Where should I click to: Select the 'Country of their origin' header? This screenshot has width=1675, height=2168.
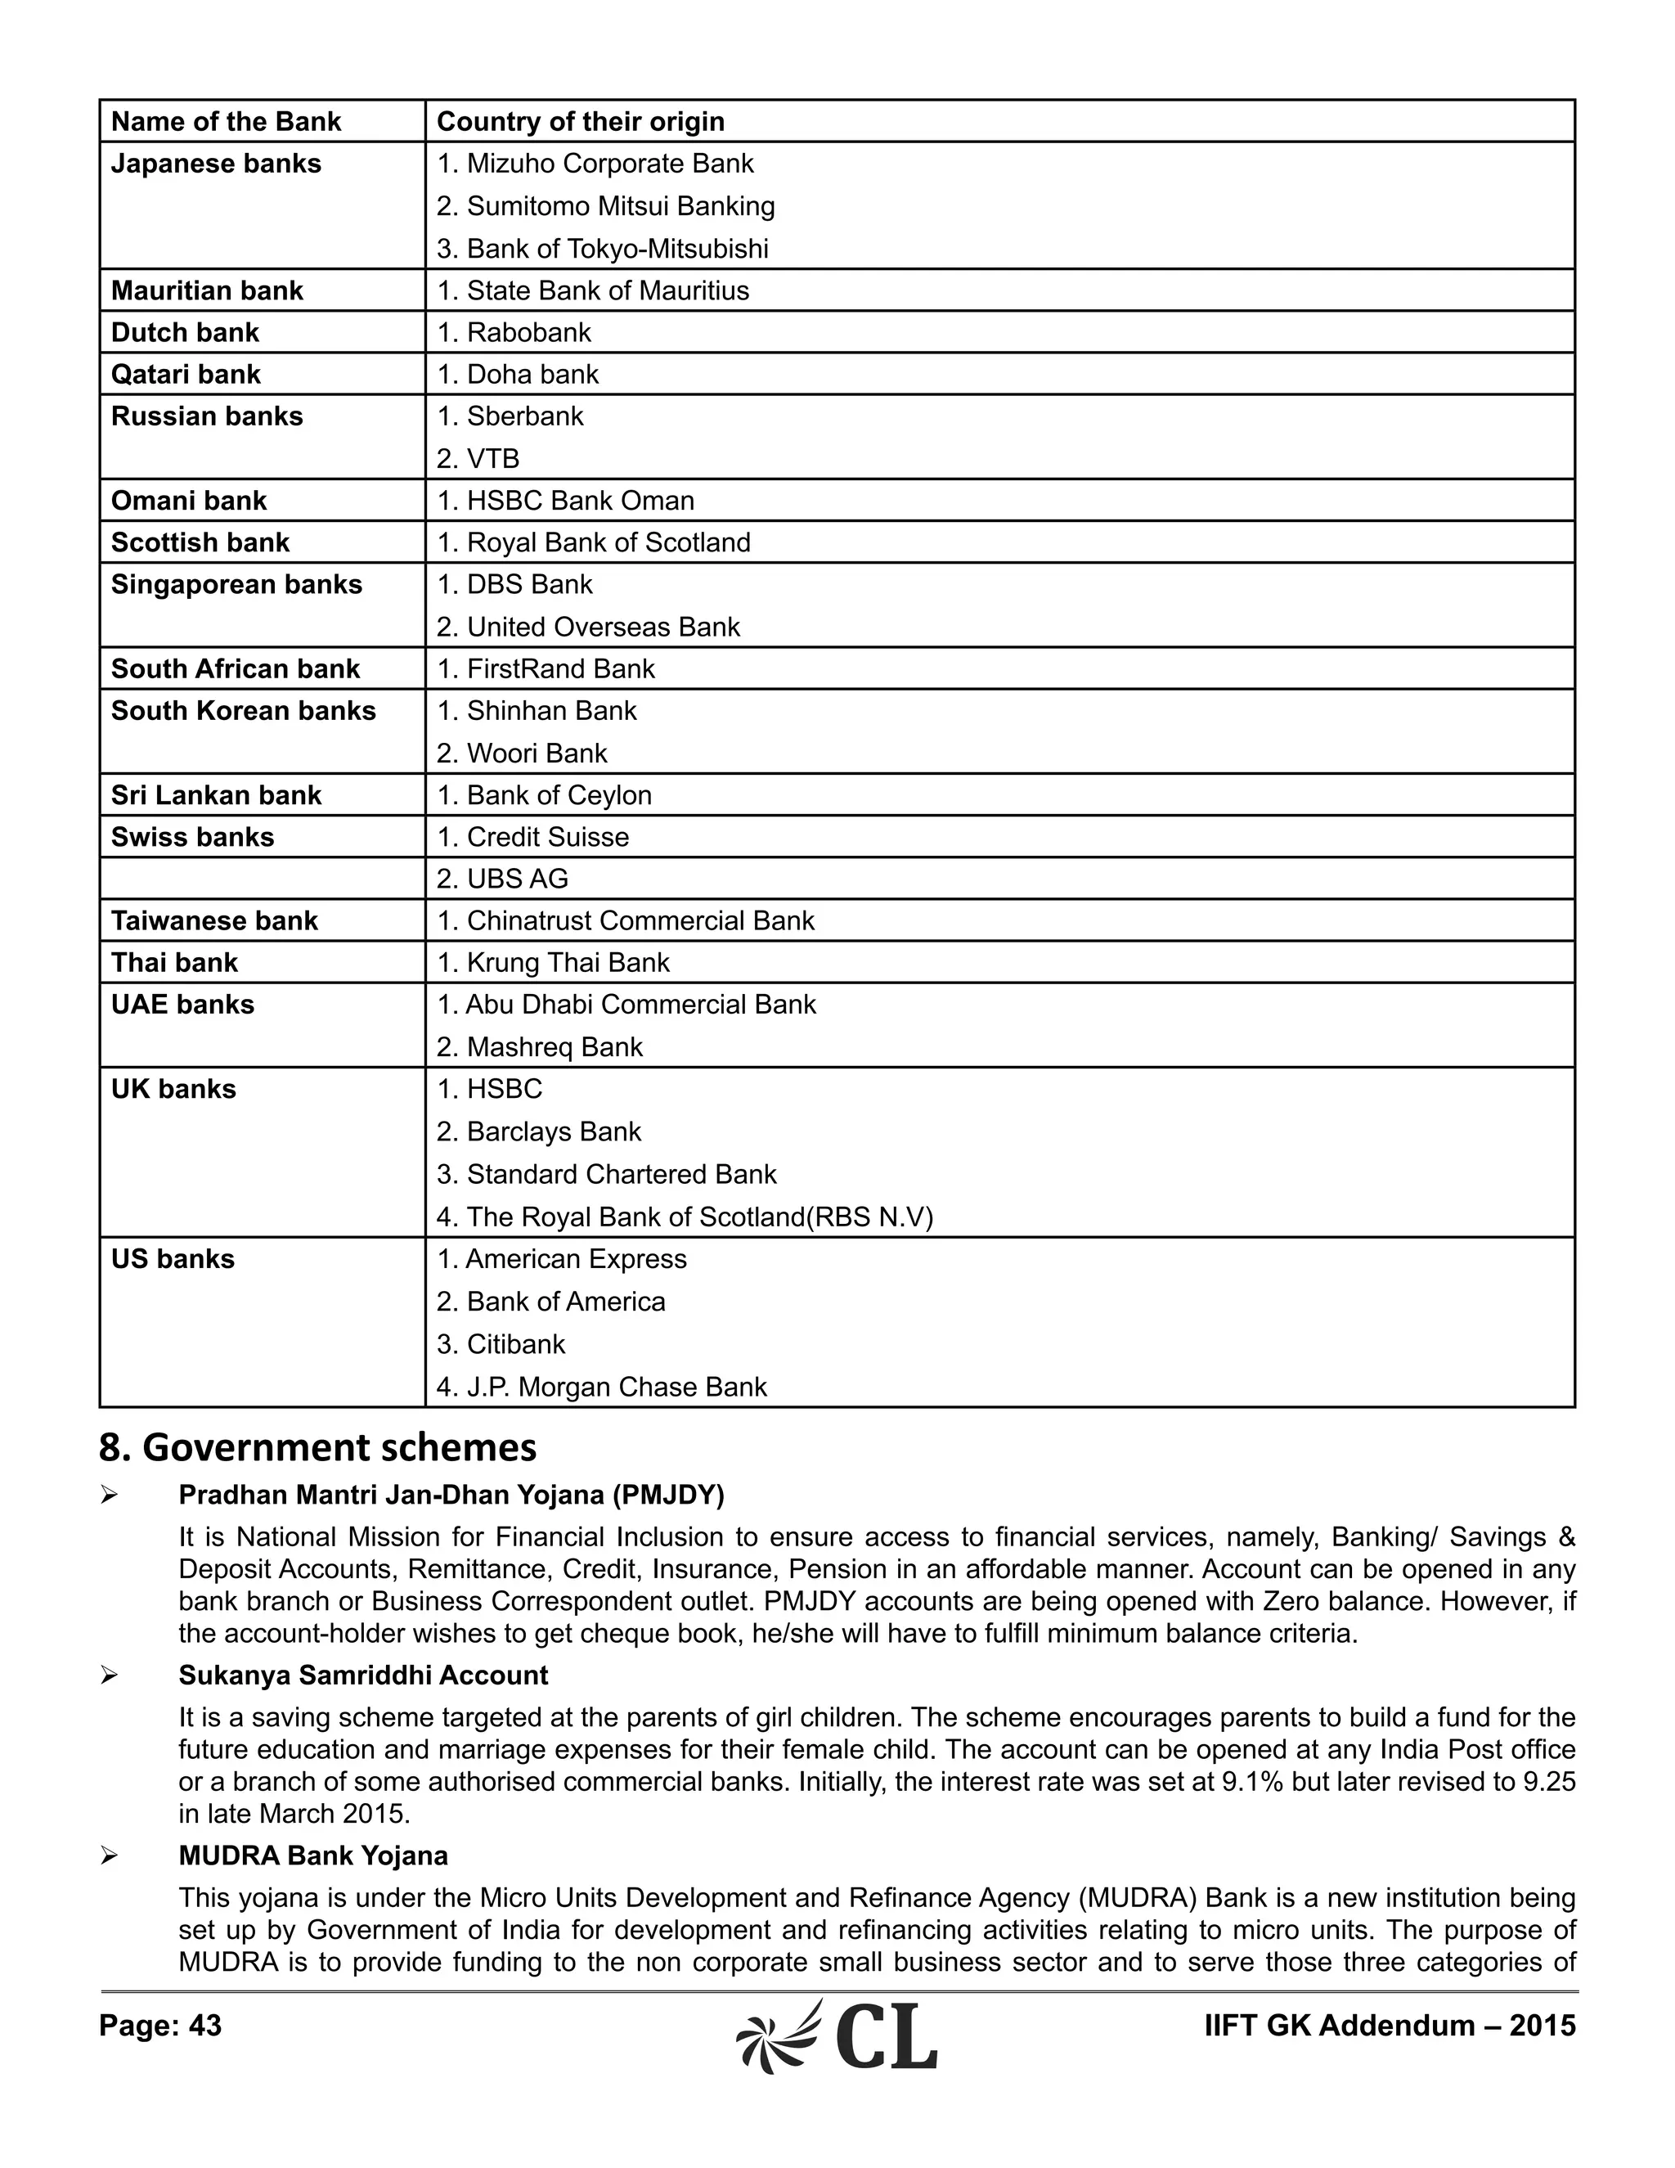click(x=581, y=121)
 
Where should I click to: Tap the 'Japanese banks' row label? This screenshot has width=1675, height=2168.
click(x=215, y=163)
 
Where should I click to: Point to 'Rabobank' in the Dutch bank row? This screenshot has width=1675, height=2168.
click(x=528, y=331)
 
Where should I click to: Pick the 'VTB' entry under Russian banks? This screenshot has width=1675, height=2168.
click(x=492, y=459)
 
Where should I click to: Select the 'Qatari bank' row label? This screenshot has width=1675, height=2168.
click(x=186, y=374)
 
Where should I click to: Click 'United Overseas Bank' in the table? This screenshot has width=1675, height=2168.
click(x=602, y=627)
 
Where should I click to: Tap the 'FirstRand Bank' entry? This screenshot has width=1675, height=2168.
click(x=559, y=668)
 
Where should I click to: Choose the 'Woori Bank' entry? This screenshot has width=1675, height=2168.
click(x=536, y=753)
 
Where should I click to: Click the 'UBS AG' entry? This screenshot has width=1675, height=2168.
click(x=517, y=879)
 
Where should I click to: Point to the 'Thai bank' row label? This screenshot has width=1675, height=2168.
click(x=175, y=962)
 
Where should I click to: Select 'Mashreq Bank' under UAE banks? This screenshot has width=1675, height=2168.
click(x=554, y=1046)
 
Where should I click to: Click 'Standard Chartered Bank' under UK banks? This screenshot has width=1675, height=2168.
click(x=622, y=1173)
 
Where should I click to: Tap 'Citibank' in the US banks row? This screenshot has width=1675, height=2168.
click(x=515, y=1343)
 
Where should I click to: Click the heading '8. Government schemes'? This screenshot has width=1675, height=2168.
click(x=317, y=1447)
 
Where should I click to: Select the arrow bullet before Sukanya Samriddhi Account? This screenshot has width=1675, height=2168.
click(x=109, y=1675)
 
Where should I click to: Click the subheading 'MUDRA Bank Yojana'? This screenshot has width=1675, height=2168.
click(x=312, y=1855)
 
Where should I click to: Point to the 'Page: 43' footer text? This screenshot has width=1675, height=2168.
click(x=159, y=2025)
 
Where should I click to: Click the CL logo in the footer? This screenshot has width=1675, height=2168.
click(x=837, y=2036)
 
